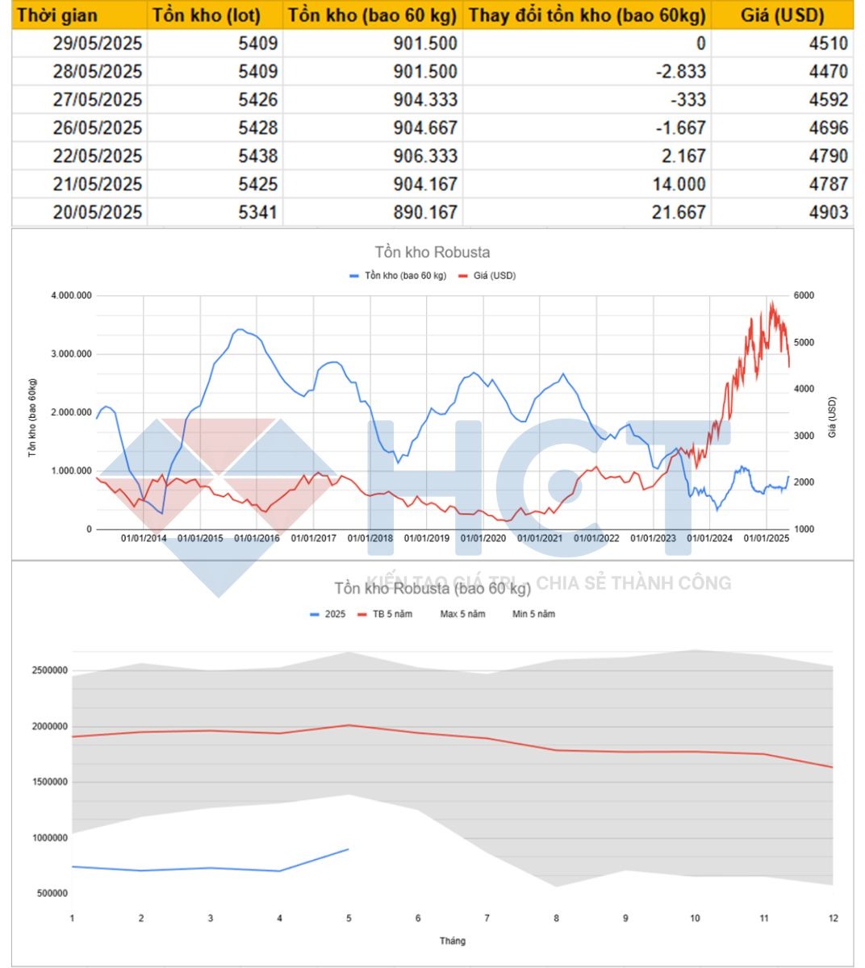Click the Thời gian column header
[x=57, y=15]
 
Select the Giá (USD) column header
[x=782, y=15]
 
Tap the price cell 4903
[x=828, y=212]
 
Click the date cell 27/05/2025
[x=98, y=99]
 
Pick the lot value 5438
[x=257, y=156]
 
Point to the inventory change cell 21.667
[x=679, y=212]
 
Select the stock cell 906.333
[x=425, y=156]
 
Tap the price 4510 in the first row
[x=828, y=43]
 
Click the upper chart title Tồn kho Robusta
[x=432, y=252]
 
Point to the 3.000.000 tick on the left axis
[x=72, y=354]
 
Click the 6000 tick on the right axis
[x=804, y=296]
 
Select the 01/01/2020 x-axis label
[x=483, y=538]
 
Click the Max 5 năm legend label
[x=462, y=614]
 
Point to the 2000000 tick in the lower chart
[x=50, y=726]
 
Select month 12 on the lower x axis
[x=834, y=918]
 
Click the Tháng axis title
[x=452, y=941]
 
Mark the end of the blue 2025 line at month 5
[x=349, y=849]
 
